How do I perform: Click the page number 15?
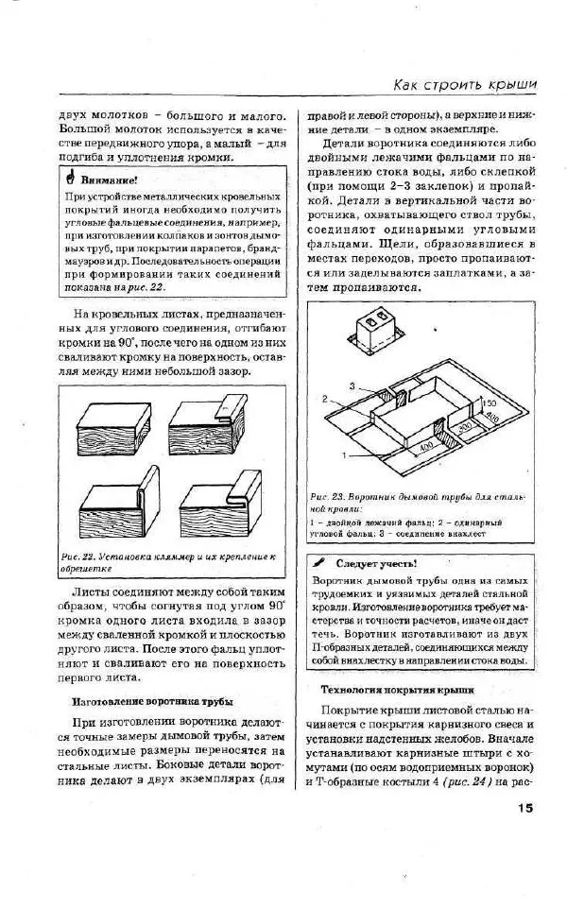pos(525,808)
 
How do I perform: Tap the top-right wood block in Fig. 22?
pos(206,428)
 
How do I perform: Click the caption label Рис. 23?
pos(327,496)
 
